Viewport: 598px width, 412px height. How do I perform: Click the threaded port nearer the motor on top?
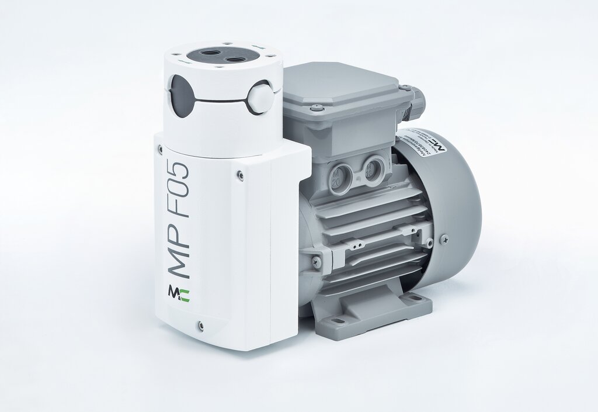(x=235, y=60)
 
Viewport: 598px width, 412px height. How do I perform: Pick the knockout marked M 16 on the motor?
(x=370, y=169)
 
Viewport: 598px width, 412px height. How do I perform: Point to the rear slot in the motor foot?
(x=413, y=298)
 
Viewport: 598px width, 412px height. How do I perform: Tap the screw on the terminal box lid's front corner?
(x=316, y=107)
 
